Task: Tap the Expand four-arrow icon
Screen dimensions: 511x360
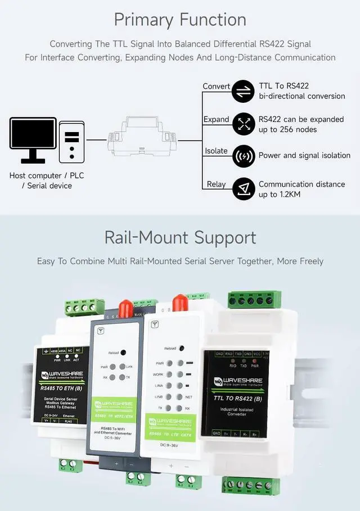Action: [x=244, y=124]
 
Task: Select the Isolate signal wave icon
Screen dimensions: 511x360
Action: [x=244, y=156]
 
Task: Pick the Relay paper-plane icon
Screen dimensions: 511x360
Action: [x=244, y=189]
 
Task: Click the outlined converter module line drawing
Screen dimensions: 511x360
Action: [x=142, y=137]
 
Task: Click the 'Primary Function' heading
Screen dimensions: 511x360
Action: [x=180, y=20]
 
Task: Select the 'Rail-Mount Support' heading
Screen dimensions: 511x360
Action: [x=180, y=237]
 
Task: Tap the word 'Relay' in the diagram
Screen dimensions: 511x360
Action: [x=216, y=184]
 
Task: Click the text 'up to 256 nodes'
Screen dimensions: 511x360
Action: [x=287, y=130]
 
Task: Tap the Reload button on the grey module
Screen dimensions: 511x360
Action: [x=125, y=352]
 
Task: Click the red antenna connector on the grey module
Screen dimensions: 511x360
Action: [x=125, y=309]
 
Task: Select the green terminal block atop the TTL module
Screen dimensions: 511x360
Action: [x=254, y=299]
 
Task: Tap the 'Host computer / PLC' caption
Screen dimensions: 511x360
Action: [x=46, y=175]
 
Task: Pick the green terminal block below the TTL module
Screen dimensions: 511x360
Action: [x=250, y=485]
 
